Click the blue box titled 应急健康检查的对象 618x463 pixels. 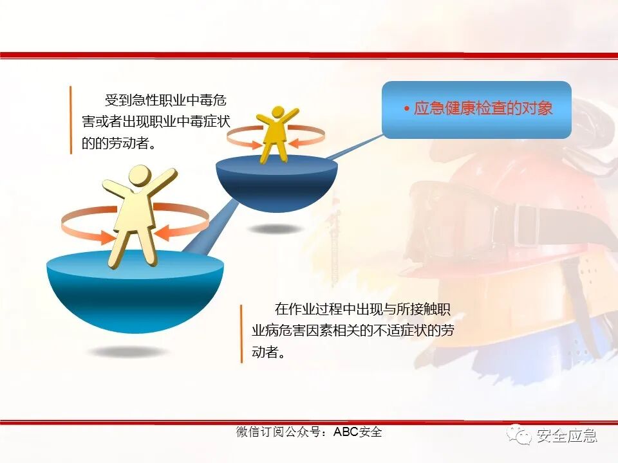point(476,109)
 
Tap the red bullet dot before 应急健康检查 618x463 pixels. point(407,109)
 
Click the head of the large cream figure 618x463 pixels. point(139,177)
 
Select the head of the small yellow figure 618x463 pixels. point(277,112)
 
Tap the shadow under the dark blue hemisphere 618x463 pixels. point(276,229)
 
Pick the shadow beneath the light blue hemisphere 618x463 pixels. point(127,352)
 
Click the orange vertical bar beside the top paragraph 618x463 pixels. point(70,120)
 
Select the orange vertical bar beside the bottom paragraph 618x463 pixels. point(242,333)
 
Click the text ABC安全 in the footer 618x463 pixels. point(357,431)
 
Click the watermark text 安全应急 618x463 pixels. point(566,435)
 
